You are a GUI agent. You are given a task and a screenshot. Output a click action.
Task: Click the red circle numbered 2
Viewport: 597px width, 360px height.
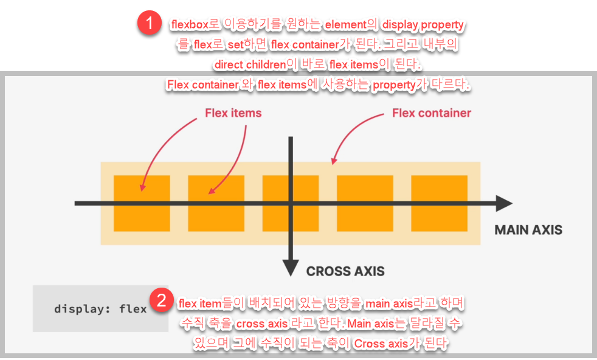point(161,300)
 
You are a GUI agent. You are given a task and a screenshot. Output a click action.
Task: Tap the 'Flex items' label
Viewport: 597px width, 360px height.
point(233,113)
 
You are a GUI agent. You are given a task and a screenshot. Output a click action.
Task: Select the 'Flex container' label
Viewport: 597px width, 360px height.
point(431,113)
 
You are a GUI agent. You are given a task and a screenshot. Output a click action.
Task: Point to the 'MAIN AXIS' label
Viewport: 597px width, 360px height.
point(528,230)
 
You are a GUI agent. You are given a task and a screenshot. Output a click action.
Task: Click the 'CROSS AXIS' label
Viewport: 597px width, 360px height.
point(345,271)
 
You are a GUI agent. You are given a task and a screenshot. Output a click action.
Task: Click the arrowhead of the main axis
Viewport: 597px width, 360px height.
point(503,204)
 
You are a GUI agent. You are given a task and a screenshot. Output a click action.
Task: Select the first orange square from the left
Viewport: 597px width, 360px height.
point(142,203)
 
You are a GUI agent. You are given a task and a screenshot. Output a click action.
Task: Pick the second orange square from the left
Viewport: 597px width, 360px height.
point(216,203)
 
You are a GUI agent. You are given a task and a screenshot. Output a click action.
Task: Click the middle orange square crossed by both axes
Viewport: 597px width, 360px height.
point(291,203)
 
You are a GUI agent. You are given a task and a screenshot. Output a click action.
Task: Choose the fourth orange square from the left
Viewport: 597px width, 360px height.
point(365,203)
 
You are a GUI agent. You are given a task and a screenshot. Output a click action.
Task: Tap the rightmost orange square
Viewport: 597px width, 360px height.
point(439,203)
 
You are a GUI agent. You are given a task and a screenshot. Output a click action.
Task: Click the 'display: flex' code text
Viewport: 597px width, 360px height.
point(100,309)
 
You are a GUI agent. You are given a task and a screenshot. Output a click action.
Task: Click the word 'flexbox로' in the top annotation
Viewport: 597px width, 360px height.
point(198,26)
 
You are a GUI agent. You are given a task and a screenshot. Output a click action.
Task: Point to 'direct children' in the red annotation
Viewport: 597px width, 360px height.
point(250,64)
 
